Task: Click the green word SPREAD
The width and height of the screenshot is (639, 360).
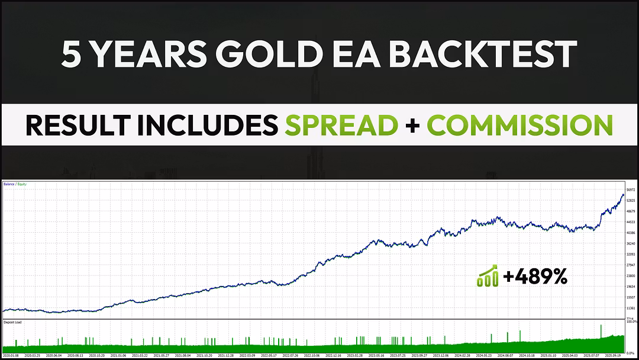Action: (341, 126)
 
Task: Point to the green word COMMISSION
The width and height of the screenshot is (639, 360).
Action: (519, 126)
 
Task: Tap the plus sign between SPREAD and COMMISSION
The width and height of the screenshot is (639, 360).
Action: (412, 126)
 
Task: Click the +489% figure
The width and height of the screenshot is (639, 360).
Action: (535, 277)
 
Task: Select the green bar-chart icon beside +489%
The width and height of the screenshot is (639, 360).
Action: (487, 277)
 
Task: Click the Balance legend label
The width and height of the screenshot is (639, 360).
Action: (9, 184)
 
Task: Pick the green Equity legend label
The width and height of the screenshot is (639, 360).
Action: (22, 184)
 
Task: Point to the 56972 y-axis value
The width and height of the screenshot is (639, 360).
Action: (630, 189)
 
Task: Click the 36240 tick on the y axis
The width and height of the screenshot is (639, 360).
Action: (630, 243)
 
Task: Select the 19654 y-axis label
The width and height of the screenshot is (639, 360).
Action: (630, 286)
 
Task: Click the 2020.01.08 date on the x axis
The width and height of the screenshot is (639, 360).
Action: (11, 356)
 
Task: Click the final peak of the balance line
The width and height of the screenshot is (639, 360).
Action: (623, 194)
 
